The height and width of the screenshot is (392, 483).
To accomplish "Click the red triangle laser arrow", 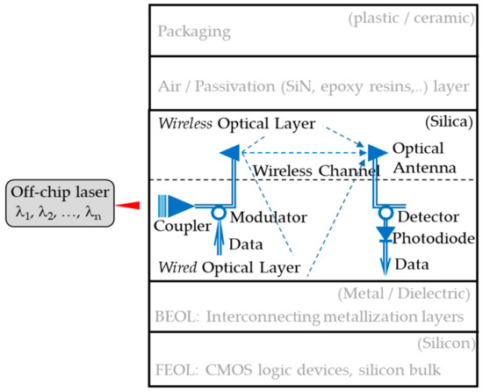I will pyautogui.click(x=129, y=205).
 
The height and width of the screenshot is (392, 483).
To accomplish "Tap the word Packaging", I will pyautogui.click(x=194, y=32).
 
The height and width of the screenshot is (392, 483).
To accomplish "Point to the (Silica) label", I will pyautogui.click(x=447, y=119).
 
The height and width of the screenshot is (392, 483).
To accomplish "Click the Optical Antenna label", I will pyautogui.click(x=423, y=158).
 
